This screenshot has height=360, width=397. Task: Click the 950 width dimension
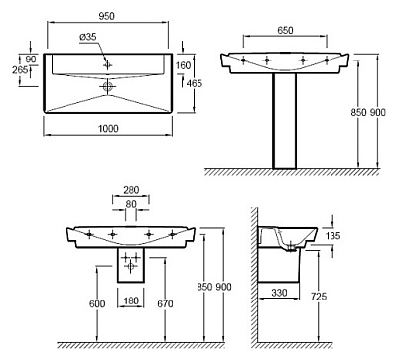[106, 16]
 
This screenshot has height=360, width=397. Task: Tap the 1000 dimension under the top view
[108, 128]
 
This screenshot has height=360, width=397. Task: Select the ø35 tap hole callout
[88, 37]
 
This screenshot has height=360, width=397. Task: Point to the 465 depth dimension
[195, 83]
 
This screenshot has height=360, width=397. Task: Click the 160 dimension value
[183, 65]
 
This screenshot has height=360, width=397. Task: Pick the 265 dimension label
[20, 70]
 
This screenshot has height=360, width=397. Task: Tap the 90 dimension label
[31, 60]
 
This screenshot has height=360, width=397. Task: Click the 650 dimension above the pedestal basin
[285, 30]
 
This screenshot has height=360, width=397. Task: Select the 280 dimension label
[131, 190]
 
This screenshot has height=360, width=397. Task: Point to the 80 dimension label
[131, 204]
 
